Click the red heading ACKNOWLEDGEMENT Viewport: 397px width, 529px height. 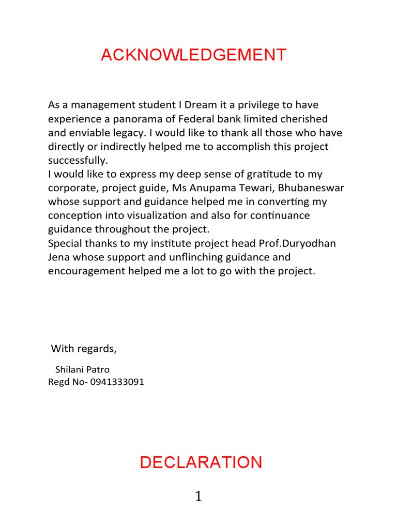click(193, 55)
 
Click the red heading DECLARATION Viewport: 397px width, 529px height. click(201, 462)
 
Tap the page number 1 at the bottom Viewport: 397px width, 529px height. click(198, 497)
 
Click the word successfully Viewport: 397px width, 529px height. click(78, 161)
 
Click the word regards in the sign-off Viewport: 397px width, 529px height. click(97, 349)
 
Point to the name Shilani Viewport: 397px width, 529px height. click(71, 370)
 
